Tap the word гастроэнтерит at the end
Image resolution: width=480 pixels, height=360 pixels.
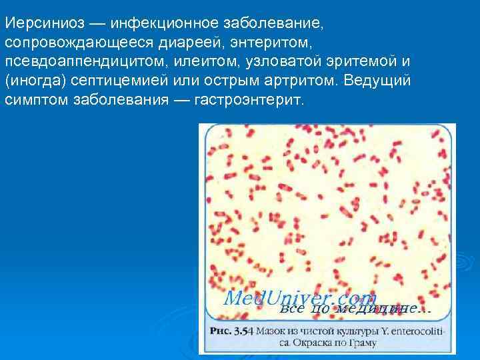248,101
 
